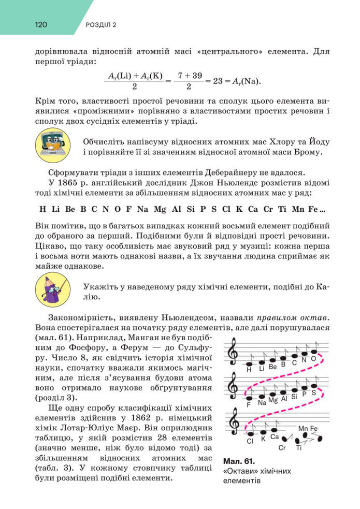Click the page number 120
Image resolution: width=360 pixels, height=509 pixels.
(41, 24)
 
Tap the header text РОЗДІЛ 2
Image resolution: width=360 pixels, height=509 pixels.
(101, 24)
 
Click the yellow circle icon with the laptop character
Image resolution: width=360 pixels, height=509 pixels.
(52, 146)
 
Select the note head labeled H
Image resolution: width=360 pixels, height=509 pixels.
(249, 363)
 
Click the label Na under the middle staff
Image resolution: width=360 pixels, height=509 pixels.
(262, 402)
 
